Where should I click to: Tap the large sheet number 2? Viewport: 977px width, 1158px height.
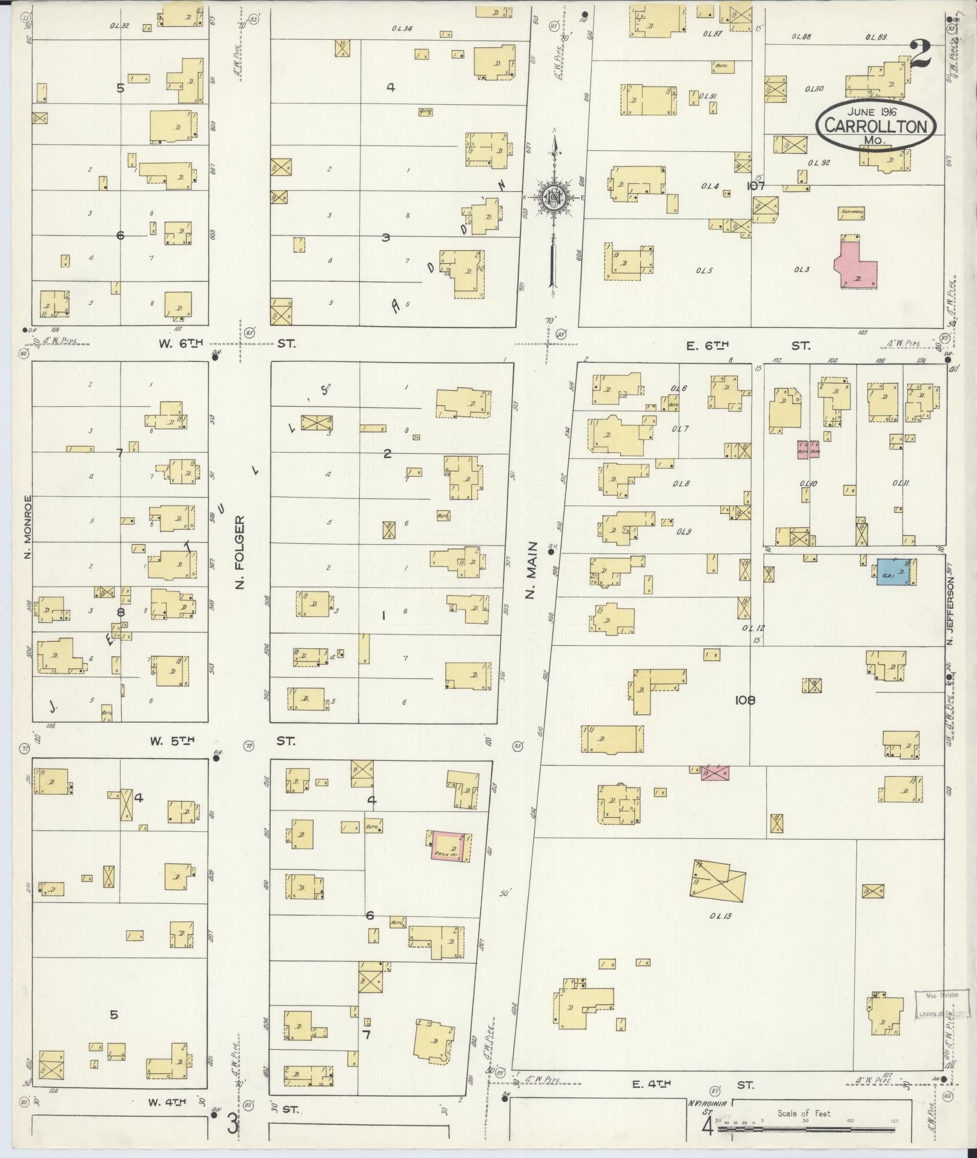(919, 55)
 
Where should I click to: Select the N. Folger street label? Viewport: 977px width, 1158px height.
(240, 552)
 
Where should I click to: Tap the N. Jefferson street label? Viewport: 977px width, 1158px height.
(951, 611)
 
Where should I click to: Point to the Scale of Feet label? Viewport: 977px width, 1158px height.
(804, 1113)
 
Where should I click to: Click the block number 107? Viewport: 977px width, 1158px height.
(755, 186)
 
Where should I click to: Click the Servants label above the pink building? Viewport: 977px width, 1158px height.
(852, 211)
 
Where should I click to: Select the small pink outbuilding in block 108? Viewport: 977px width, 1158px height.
(715, 772)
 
